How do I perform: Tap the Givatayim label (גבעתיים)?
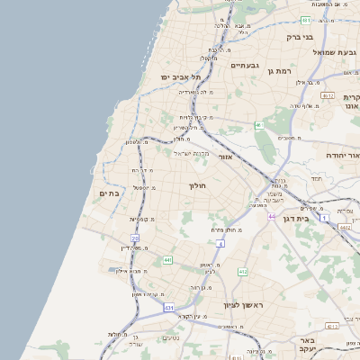245,66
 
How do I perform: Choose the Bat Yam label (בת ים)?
109,193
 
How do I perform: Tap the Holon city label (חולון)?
197,185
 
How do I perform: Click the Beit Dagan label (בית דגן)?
314,218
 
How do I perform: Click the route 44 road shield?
272,217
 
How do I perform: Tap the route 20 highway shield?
135,238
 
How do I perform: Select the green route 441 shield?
167,260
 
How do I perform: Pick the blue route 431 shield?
169,308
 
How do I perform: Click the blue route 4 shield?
220,244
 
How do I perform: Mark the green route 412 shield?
242,271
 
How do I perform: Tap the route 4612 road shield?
328,96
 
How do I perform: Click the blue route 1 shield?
324,219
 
